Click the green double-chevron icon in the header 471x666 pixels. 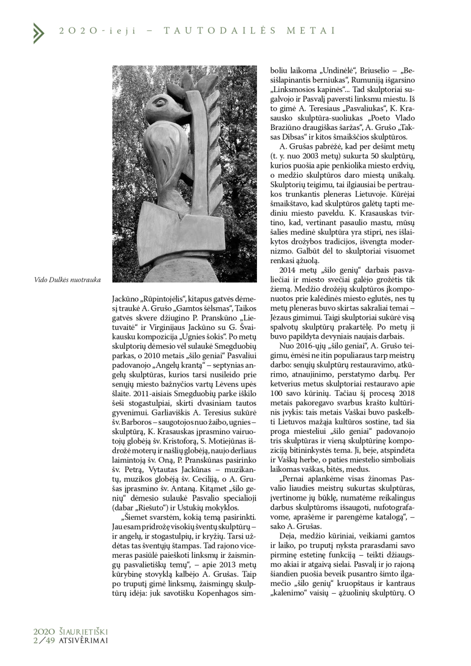(x=38, y=32)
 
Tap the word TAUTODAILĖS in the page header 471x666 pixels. (x=220, y=31)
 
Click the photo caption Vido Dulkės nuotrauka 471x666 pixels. (x=67, y=279)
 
